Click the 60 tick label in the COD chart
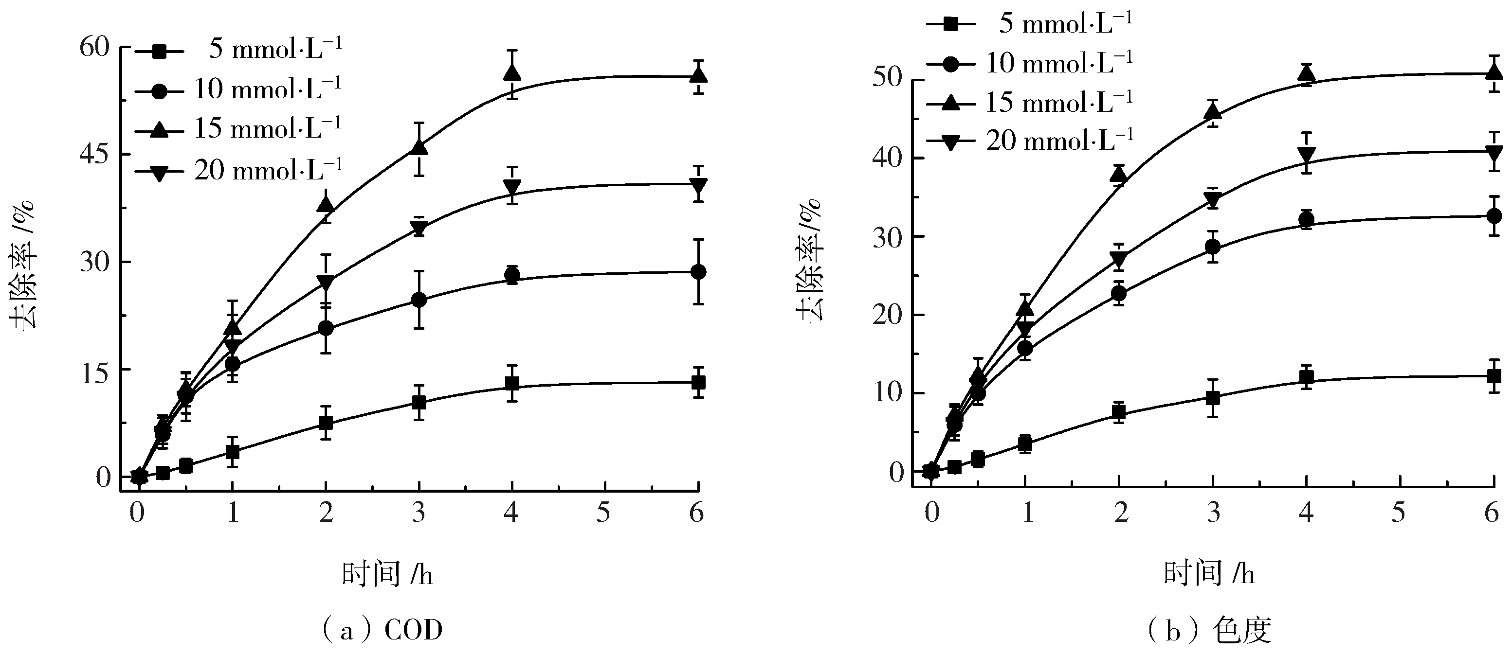point(95,47)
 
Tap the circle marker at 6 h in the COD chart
point(698,272)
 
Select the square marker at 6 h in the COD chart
point(698,383)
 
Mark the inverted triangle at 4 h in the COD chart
point(512,188)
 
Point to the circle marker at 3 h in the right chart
point(1213,247)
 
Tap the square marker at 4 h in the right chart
point(1307,377)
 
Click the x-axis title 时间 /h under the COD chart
point(387,574)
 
